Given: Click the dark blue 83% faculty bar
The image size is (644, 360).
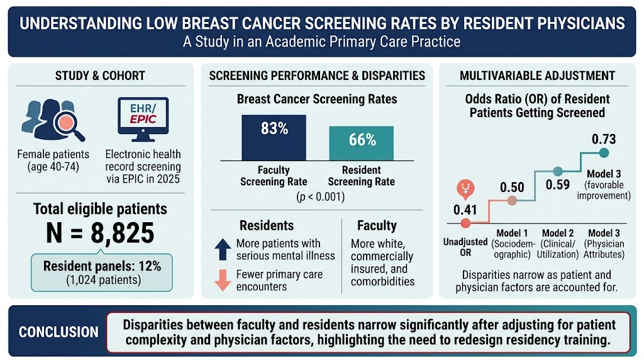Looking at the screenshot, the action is pos(274,138).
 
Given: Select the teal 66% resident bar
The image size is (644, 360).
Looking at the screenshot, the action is pos(362,143).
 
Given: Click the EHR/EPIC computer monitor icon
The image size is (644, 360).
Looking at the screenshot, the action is pos(143,119).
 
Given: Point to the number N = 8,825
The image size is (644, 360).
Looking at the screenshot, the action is pos(100,233).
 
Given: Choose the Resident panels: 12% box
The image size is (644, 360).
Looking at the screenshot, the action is pos(102,273).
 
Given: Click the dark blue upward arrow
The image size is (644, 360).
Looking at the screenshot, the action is pos(223,249).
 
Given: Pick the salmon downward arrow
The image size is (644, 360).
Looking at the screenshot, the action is pos(223,280).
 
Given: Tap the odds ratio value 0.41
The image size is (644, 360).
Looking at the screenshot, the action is pos(465,210).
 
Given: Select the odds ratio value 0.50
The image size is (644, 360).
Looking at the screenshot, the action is pos(512,188).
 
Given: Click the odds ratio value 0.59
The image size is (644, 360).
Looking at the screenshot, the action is pos(558,184).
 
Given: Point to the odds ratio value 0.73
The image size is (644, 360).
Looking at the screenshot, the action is pos(604,139).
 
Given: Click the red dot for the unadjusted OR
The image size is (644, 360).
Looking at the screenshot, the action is pos(465,223).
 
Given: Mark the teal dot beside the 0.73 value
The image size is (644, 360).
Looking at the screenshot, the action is pos(604,153).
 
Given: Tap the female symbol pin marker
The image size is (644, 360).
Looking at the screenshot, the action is pos(465,189).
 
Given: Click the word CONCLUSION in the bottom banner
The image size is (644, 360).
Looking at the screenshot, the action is pos(58,332).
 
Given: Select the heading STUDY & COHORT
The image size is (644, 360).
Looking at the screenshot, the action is pos(100,76).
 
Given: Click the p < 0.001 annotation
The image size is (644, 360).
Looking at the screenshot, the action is pos(320,197).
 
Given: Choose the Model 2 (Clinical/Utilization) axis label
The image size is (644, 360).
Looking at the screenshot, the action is pos(558,244).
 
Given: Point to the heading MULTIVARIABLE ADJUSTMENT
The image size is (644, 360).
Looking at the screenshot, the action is pos(537,76).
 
